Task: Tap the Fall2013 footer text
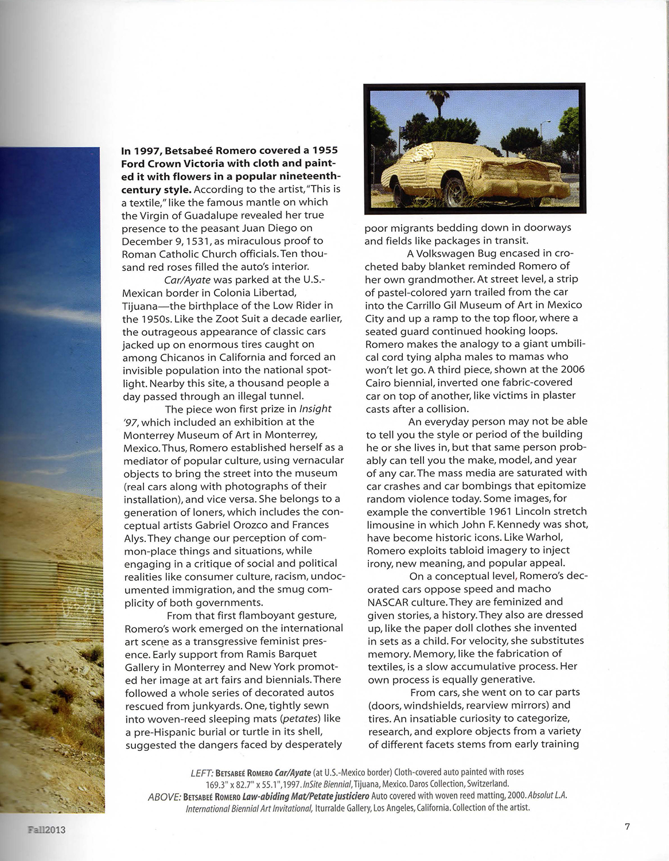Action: tap(45, 829)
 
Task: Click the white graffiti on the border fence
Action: tap(86, 599)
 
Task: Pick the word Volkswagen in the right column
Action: tap(448, 253)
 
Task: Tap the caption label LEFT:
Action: tap(201, 773)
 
